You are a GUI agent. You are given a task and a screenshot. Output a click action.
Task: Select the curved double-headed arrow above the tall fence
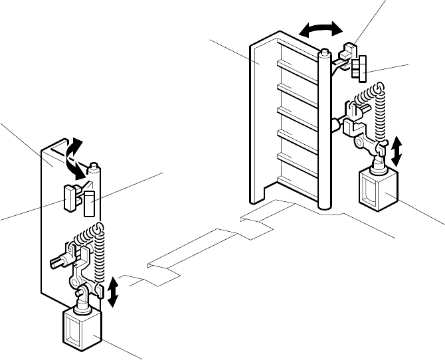[x=321, y=28]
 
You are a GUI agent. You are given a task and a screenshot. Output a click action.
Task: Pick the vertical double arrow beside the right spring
[x=397, y=151]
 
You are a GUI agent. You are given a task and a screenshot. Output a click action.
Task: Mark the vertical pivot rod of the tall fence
[x=324, y=133]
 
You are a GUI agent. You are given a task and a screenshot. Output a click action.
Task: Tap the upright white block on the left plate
[x=90, y=205]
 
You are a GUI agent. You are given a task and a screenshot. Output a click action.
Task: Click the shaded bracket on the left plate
[x=69, y=198]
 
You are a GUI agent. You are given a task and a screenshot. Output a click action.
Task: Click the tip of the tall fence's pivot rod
[x=324, y=51]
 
